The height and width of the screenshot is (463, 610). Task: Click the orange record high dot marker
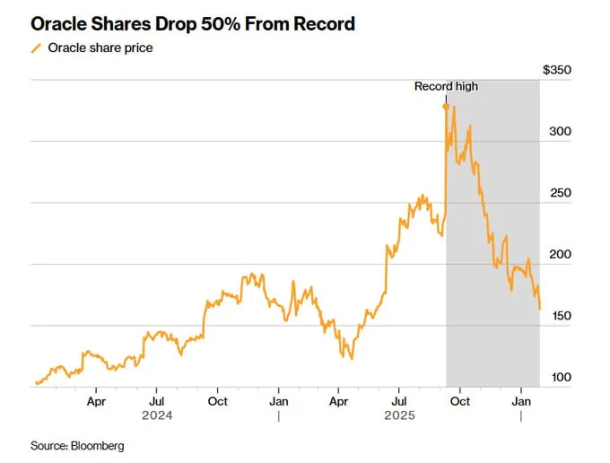tap(446, 107)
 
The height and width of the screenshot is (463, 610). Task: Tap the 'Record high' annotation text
tap(446, 87)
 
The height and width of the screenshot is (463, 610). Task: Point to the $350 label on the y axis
tap(557, 70)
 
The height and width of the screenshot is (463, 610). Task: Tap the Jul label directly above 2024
tap(157, 403)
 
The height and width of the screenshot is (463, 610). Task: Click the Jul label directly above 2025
tap(400, 403)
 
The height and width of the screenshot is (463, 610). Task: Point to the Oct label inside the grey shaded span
tap(460, 403)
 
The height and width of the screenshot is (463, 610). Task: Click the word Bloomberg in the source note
tap(96, 446)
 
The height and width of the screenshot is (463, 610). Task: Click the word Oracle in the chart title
tap(58, 24)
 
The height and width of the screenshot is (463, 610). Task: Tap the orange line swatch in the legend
tap(36, 48)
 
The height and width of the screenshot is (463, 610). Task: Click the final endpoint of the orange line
tap(539, 309)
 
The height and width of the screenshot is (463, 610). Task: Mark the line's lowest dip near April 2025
tap(351, 358)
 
